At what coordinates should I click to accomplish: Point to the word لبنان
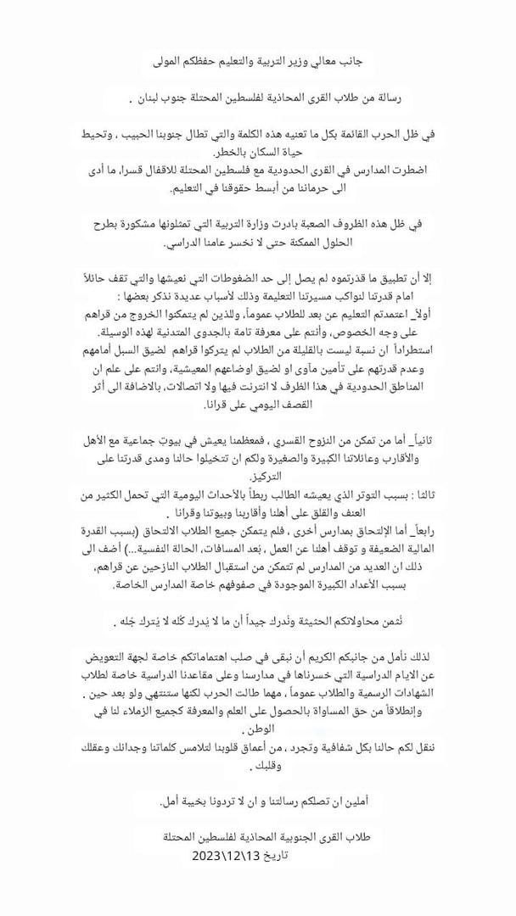coord(146,100)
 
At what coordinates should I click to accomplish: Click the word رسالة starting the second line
coord(385,100)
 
